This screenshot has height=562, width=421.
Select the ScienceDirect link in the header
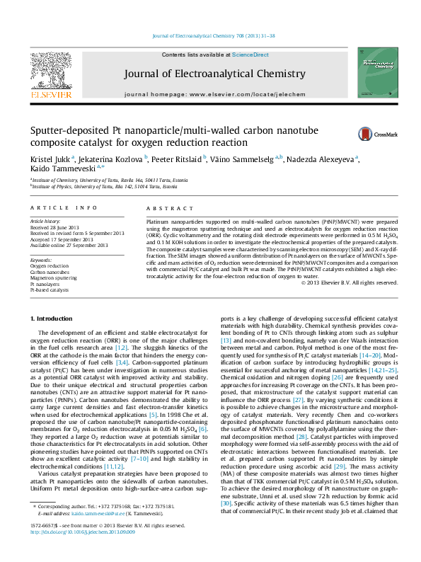click(250, 55)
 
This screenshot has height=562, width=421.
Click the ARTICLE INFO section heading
click(64, 207)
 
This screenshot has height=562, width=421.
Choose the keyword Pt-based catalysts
click(50, 290)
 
